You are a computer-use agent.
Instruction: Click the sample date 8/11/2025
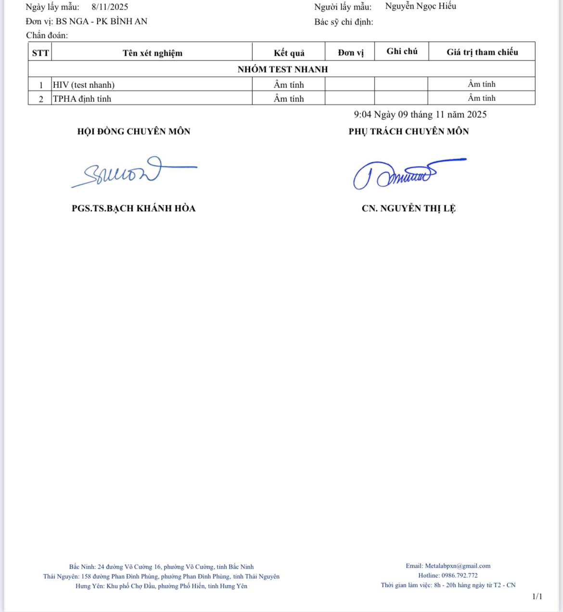click(x=110, y=7)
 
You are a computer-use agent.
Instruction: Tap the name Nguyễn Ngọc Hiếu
click(x=421, y=6)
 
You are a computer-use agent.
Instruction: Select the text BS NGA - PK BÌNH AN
click(x=102, y=21)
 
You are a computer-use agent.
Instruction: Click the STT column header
click(x=40, y=53)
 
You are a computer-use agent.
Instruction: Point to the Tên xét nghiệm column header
click(x=153, y=53)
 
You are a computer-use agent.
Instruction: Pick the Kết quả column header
click(x=289, y=53)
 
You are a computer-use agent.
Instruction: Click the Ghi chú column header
click(x=402, y=51)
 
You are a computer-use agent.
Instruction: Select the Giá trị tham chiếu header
click(x=482, y=52)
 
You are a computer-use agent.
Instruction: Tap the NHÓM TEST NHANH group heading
click(x=282, y=69)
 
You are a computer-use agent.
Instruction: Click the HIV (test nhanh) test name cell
click(x=84, y=85)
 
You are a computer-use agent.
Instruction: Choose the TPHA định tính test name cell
click(x=82, y=99)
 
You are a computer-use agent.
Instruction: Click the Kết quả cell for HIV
click(x=289, y=85)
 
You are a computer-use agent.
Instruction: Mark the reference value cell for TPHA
click(x=482, y=98)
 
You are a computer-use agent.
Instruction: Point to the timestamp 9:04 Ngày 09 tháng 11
click(x=420, y=115)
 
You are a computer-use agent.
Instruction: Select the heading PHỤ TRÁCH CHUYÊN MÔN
click(x=409, y=131)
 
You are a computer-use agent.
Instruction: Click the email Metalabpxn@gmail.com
click(x=458, y=566)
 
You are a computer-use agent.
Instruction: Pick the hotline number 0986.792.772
click(x=460, y=575)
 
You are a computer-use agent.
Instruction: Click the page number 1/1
click(x=537, y=597)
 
